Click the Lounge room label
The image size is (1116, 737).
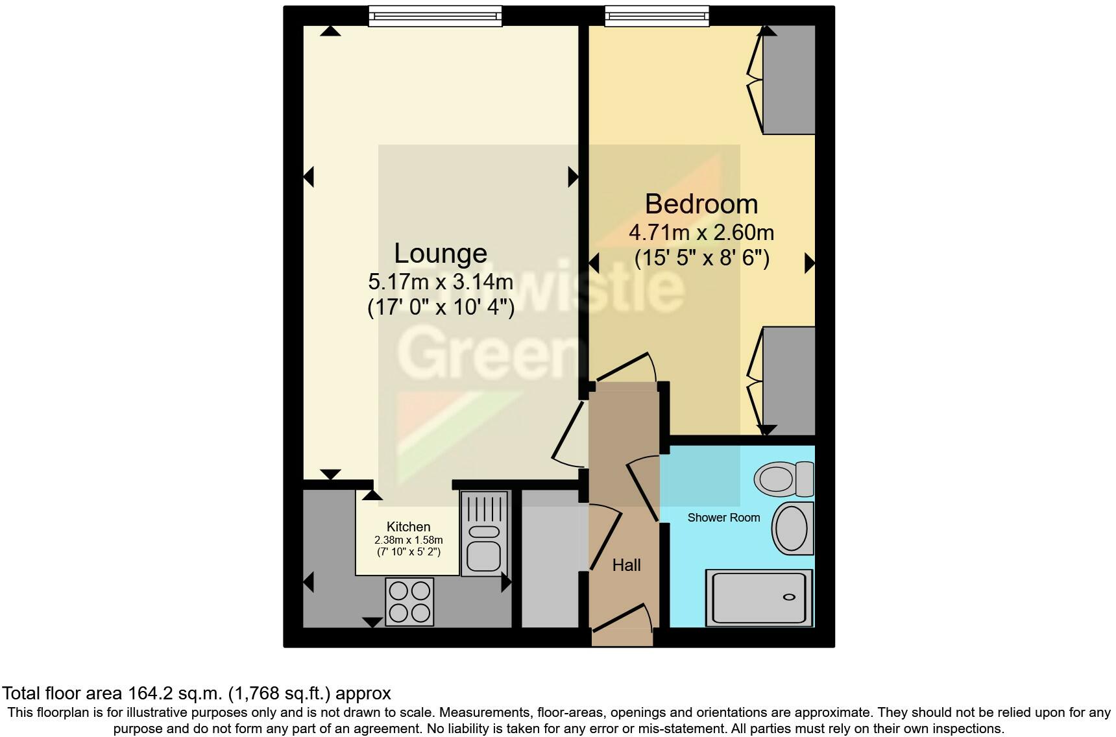click(441, 253)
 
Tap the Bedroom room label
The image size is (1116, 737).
click(701, 204)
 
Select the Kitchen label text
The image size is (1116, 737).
click(408, 527)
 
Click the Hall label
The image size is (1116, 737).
click(626, 565)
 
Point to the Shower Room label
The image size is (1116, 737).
click(723, 518)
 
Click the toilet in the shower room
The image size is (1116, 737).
click(783, 479)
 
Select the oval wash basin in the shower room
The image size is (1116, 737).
click(792, 527)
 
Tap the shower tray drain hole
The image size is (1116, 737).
click(790, 597)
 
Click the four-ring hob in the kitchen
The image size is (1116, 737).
click(409, 601)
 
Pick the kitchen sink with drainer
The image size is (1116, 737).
click(483, 533)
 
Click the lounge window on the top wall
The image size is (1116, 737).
click(435, 16)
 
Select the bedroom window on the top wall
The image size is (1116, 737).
click(657, 16)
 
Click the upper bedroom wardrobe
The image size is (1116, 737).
click(788, 79)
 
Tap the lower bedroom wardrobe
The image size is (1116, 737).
click(788, 381)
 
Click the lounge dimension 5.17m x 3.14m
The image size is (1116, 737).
click(441, 282)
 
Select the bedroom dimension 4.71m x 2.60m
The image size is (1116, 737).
click(701, 232)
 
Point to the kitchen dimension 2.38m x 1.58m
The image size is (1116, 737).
click(408, 540)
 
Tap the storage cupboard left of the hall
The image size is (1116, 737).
click(550, 559)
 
